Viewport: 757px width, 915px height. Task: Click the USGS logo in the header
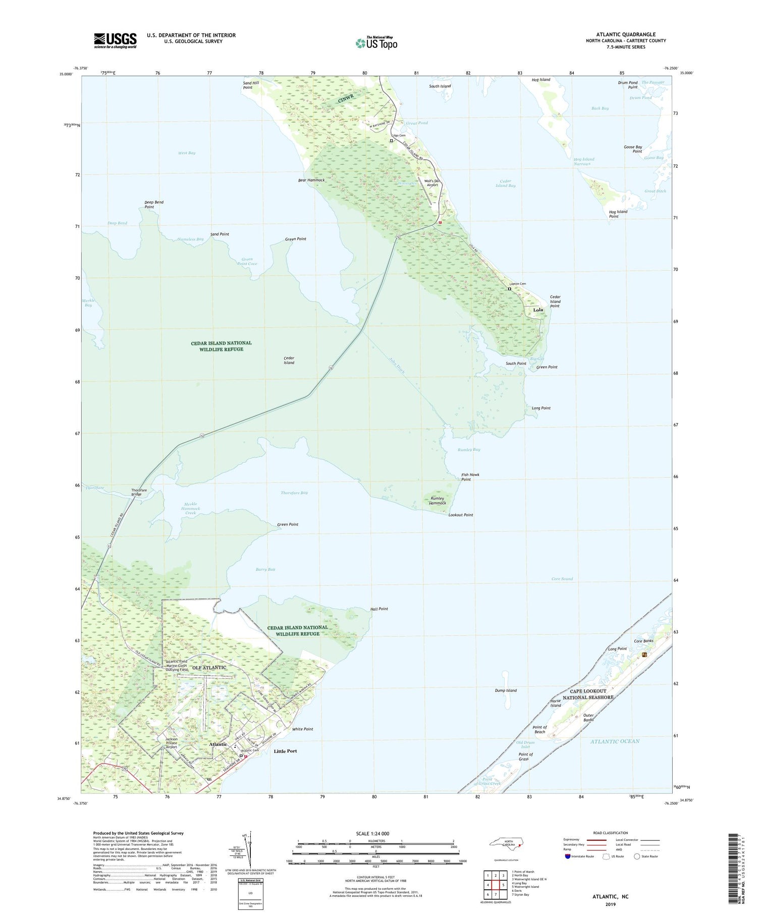pos(115,40)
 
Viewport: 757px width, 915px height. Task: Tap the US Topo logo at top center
pos(376,43)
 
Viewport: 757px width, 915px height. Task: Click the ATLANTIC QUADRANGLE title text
pos(625,34)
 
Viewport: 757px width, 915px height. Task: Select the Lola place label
pos(538,309)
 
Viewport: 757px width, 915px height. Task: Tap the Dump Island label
pos(506,690)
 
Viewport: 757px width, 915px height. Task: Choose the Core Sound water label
pos(562,579)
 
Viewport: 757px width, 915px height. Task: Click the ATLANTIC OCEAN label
pos(615,741)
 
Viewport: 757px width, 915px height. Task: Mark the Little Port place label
pos(285,751)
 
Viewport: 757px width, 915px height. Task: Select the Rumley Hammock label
pos(438,501)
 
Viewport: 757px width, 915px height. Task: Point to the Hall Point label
pos(379,609)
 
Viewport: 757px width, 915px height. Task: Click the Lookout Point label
pos(461,515)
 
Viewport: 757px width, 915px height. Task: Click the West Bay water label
pos(186,153)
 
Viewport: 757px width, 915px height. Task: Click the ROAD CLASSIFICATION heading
pos(610,833)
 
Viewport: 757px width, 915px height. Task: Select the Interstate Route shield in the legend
pos(567,856)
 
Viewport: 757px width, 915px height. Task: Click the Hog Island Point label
pos(618,214)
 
